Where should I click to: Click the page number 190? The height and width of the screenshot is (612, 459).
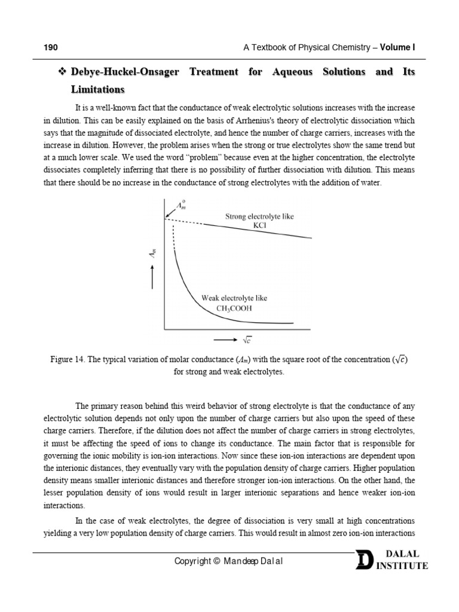click(51, 47)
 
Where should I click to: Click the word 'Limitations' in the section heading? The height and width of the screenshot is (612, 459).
click(97, 90)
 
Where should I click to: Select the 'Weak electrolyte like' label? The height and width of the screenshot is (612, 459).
click(234, 298)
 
